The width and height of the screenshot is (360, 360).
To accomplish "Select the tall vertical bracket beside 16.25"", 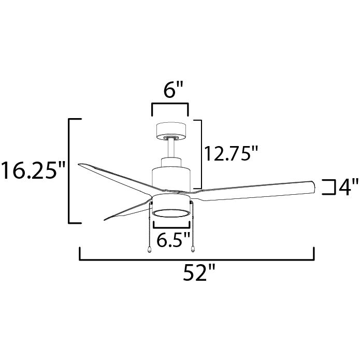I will tap(70, 171).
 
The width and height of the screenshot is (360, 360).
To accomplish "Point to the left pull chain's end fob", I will tap(149, 249).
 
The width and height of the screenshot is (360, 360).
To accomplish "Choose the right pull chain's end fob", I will tap(193, 249).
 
